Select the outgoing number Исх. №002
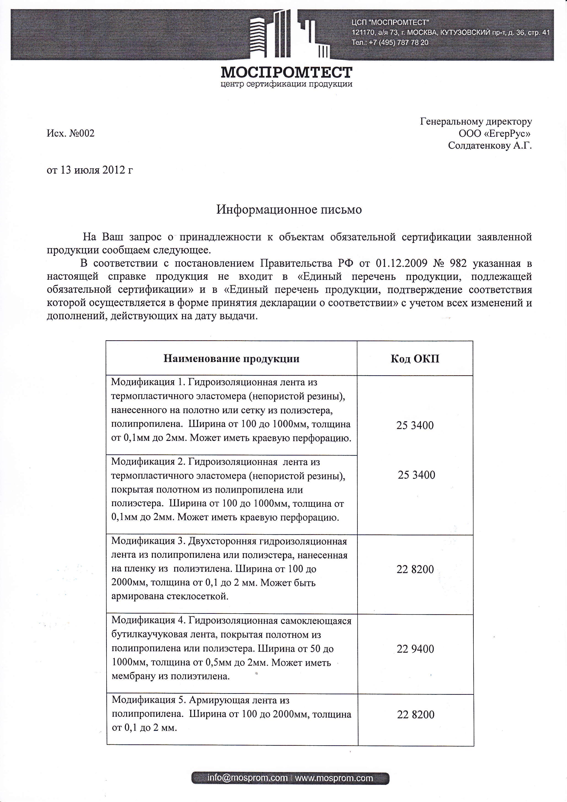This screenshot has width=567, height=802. pyautogui.click(x=70, y=133)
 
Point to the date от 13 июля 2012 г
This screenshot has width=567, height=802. pyautogui.click(x=90, y=170)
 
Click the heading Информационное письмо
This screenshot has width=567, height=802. pyautogui.click(x=289, y=209)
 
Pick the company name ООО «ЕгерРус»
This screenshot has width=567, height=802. pyautogui.click(x=495, y=133)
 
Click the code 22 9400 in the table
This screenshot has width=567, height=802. pyautogui.click(x=415, y=649)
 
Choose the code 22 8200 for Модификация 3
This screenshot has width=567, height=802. pyautogui.click(x=415, y=569)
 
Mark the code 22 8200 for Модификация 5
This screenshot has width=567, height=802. pyautogui.click(x=415, y=714)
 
